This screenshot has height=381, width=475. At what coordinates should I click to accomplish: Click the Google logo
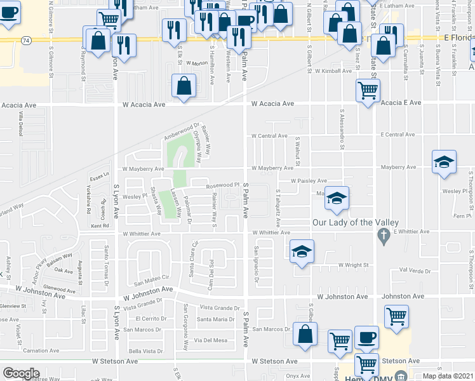[21, 373]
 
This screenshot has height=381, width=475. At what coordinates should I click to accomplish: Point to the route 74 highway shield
[25, 40]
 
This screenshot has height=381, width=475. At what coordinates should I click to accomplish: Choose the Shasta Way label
[155, 204]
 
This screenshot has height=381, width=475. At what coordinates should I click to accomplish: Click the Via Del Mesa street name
[211, 340]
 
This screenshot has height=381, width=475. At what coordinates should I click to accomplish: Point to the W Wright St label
[354, 265]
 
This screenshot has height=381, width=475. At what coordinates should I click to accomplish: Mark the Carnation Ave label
[41, 351]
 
